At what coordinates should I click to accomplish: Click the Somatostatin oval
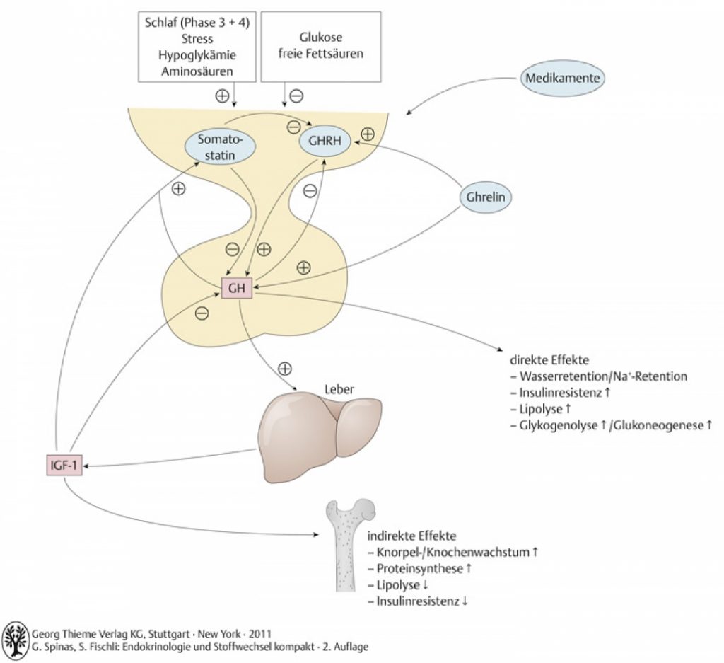pos(220,146)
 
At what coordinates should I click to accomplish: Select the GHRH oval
pos(325,141)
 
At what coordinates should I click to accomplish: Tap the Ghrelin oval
pos(485,197)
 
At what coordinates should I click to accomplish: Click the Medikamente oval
pos(562,78)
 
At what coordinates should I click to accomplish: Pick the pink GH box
pos(237,288)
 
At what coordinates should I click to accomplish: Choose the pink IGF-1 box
pos(64,465)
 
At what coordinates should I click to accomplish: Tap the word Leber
pos(339,389)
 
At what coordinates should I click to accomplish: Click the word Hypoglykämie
pos(197,55)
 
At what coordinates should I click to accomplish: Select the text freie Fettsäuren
pos(321,53)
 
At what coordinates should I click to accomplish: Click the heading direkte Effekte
pos(549,359)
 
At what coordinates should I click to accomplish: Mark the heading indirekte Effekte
pos(411,536)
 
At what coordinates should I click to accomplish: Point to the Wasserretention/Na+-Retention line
pos(598,376)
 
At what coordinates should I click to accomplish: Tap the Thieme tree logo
pos(16,640)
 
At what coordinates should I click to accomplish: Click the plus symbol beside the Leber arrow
pos(285,369)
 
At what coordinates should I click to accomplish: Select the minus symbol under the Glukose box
pos(296,96)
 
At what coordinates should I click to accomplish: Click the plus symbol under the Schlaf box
pos(222,96)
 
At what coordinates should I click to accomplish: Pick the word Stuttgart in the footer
pos(168,634)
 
